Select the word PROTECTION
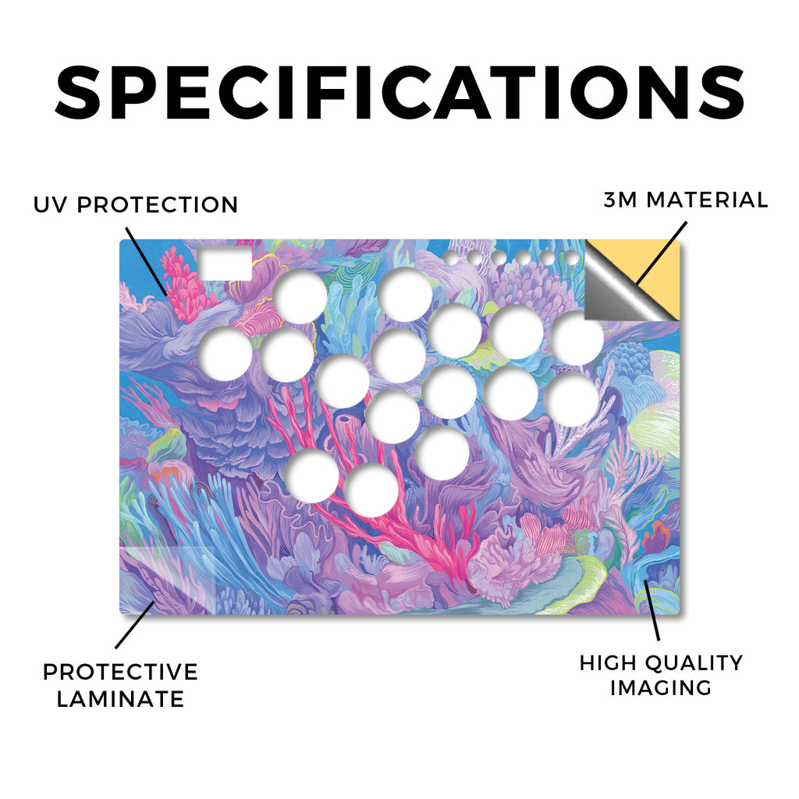pos(158,205)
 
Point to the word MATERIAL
pos(707,200)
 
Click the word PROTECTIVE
pos(120,672)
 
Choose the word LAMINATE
pos(120,699)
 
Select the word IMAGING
pos(661,688)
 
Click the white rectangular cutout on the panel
pos(225,264)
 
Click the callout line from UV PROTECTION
pos(146,261)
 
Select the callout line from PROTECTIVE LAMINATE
pos(135,625)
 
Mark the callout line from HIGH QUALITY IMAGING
pos(652,610)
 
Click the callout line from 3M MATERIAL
pos(661,254)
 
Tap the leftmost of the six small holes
pos(451,257)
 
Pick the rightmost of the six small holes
pos(572,258)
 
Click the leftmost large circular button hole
pos(225,354)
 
